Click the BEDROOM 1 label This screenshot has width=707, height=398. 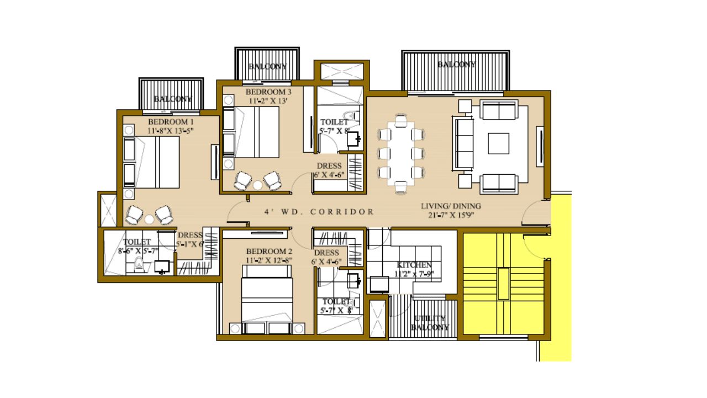click(x=171, y=122)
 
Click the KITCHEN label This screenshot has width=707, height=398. click(x=414, y=265)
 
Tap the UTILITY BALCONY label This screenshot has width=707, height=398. click(x=430, y=323)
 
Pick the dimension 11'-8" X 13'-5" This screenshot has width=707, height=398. click(x=171, y=130)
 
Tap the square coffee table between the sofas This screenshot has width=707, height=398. click(x=499, y=143)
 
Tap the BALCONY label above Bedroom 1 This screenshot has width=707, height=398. click(x=172, y=99)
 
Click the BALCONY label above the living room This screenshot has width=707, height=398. click(x=456, y=65)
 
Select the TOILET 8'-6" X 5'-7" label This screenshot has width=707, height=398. click(x=137, y=246)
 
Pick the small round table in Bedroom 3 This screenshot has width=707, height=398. click(x=257, y=185)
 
